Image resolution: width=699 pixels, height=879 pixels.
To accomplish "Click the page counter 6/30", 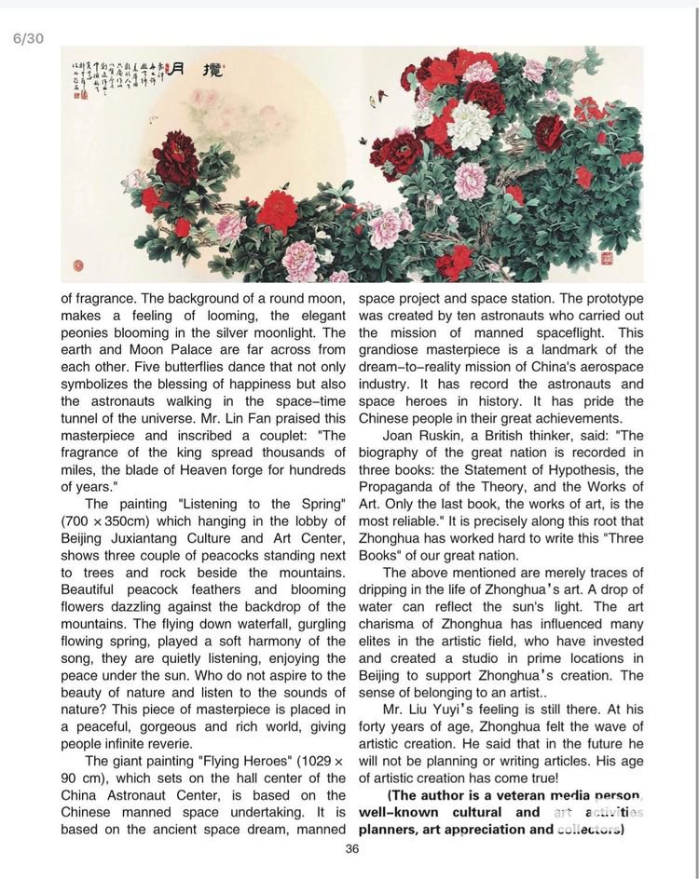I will coord(27,38).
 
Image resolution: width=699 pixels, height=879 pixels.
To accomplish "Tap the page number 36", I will coord(351,848).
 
